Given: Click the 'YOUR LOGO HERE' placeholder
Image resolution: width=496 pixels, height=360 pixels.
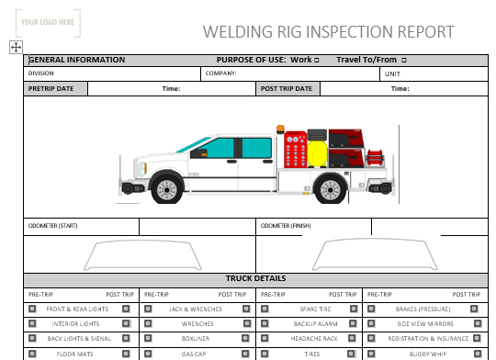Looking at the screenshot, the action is pyautogui.click(x=48, y=23).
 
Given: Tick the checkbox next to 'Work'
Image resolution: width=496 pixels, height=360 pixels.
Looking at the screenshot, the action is pyautogui.click(x=317, y=60).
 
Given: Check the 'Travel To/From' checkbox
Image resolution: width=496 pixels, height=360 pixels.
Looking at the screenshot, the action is pyautogui.click(x=404, y=60).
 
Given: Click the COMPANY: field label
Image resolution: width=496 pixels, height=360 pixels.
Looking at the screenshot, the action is pyautogui.click(x=220, y=73).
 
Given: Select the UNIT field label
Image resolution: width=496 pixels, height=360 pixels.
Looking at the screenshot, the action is pyautogui.click(x=392, y=74).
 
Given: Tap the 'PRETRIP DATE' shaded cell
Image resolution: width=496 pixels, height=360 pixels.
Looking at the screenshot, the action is pyautogui.click(x=55, y=88).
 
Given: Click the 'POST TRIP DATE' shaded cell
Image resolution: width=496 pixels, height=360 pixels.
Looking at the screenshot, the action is pyautogui.click(x=287, y=88).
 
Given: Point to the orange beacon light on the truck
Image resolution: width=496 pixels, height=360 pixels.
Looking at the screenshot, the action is pyautogui.click(x=280, y=129).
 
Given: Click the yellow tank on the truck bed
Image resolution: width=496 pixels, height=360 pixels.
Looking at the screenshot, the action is pyautogui.click(x=317, y=154).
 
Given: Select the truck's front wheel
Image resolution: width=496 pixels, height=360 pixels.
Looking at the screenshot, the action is pyautogui.click(x=167, y=189).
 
